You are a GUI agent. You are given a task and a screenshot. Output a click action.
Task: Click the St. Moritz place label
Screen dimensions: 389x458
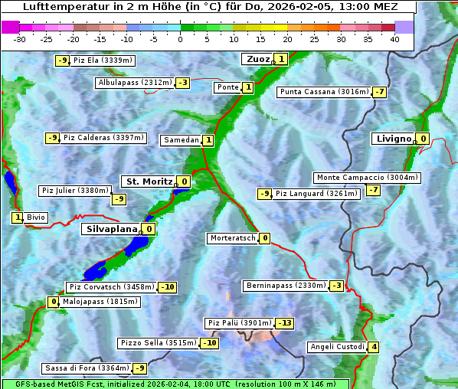(149, 181)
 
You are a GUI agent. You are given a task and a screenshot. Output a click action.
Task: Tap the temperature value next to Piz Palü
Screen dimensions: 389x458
(284, 323)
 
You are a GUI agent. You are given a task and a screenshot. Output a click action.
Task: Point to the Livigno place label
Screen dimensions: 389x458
(394, 139)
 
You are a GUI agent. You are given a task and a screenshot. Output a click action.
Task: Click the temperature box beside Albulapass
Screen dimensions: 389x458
(182, 83)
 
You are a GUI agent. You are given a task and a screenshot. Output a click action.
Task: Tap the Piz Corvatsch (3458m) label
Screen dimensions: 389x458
(111, 287)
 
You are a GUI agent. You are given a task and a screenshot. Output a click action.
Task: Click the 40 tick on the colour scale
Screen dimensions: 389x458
(394, 39)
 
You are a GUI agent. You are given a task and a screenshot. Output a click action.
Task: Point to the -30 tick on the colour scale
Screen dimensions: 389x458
(20, 39)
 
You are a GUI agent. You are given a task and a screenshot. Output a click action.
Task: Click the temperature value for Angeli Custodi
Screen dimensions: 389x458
(374, 347)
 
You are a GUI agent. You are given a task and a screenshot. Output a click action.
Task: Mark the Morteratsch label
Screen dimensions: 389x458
(232, 238)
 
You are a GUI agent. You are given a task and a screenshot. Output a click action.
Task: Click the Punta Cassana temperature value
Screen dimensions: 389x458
(379, 93)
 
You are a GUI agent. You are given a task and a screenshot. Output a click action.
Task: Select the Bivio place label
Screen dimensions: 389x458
(36, 217)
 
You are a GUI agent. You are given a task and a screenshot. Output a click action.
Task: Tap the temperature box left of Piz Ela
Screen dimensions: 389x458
(62, 60)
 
